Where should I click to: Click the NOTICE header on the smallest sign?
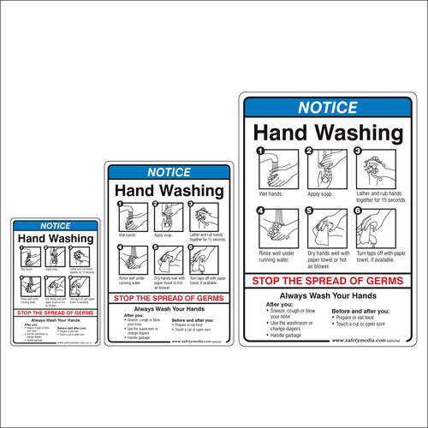(55, 226)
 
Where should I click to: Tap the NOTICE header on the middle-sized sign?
(169, 173)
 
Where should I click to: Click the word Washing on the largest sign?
(358, 134)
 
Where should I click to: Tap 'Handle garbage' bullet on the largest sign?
(288, 335)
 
